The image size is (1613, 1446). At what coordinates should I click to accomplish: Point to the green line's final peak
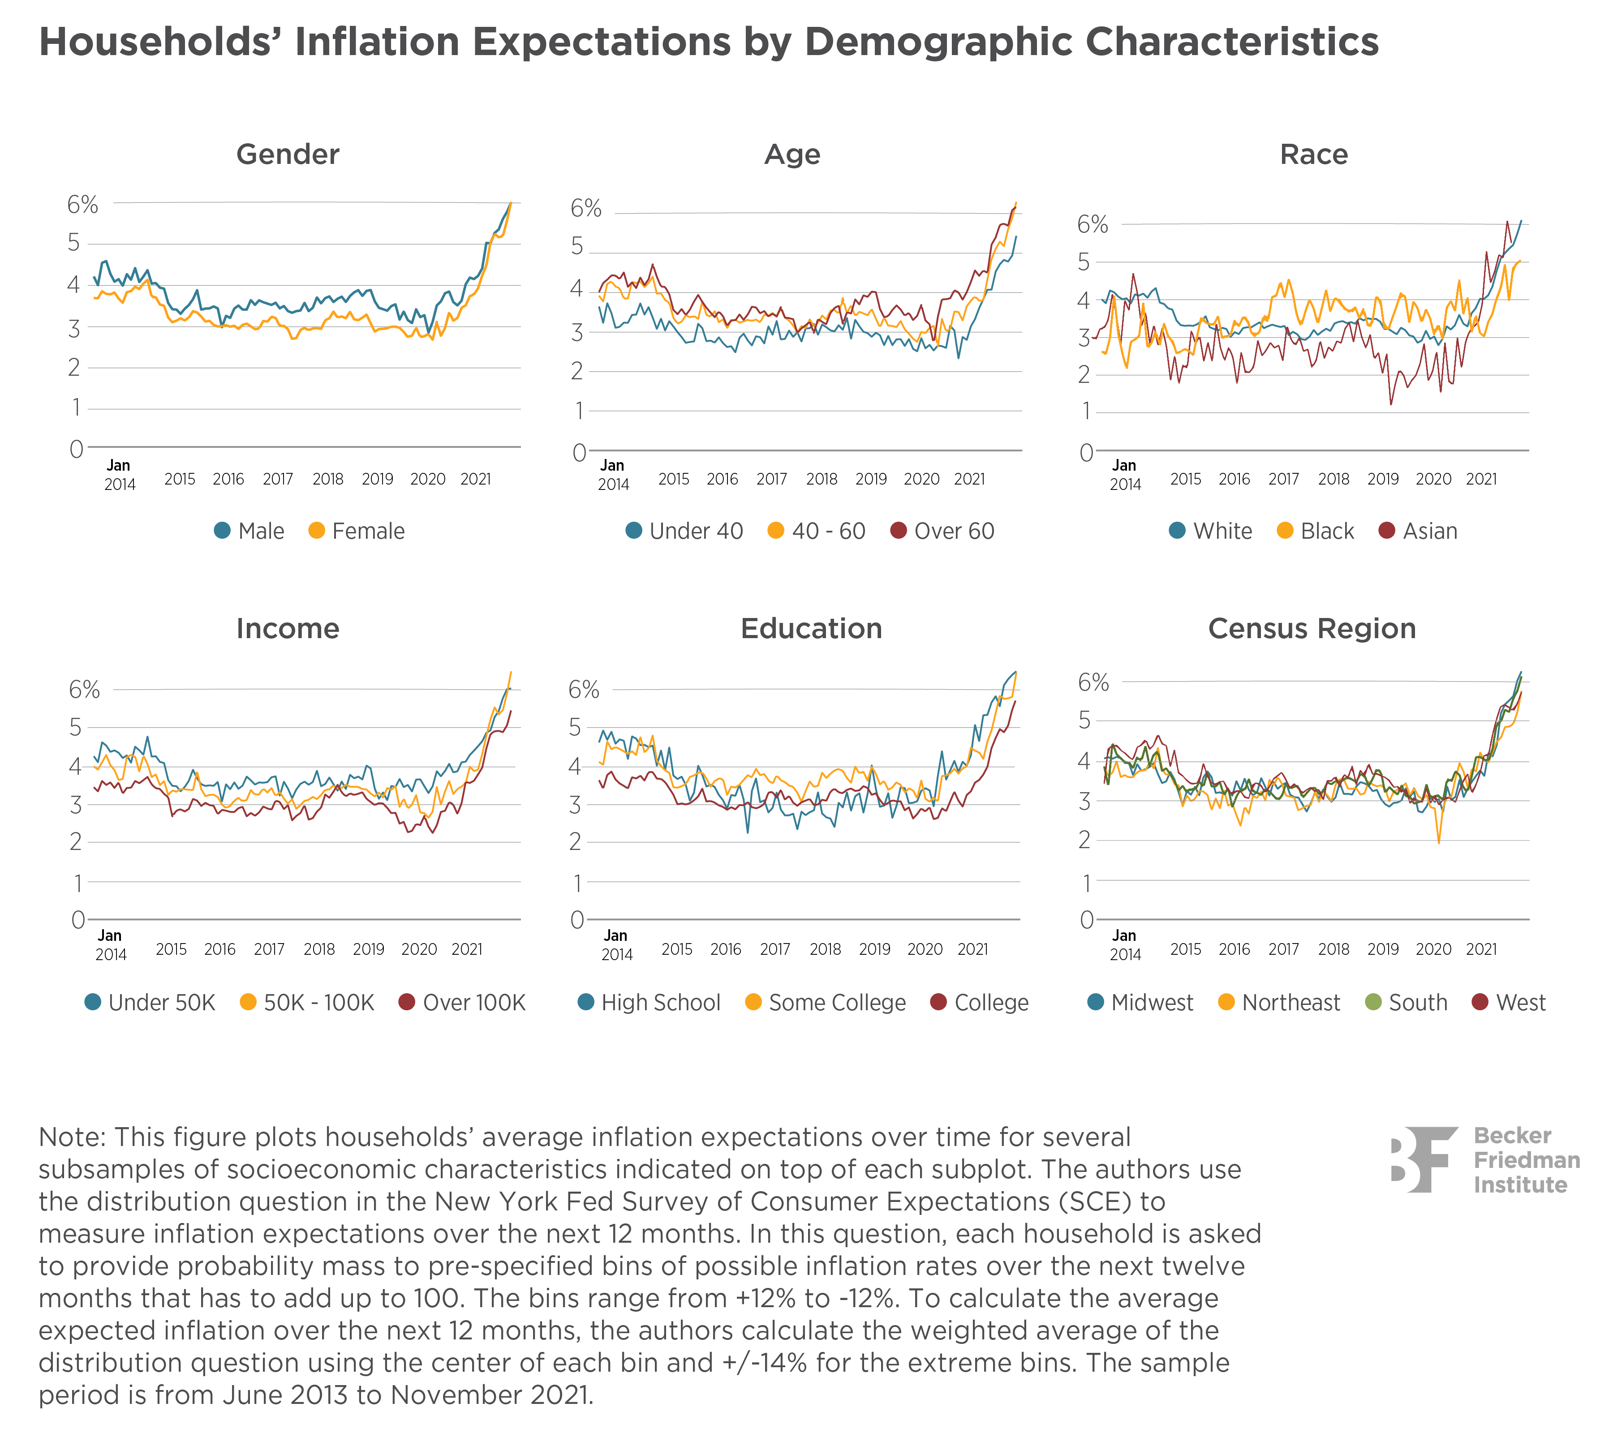[x=1521, y=674]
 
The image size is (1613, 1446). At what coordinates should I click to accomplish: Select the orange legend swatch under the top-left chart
[x=304, y=531]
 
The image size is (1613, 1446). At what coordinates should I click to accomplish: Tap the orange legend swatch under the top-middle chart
[x=763, y=531]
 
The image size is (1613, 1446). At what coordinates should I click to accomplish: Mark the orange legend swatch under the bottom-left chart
[x=235, y=1003]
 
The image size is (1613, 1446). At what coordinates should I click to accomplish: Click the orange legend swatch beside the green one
[x=1213, y=1003]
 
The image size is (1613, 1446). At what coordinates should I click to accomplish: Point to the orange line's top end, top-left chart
[x=511, y=204]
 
